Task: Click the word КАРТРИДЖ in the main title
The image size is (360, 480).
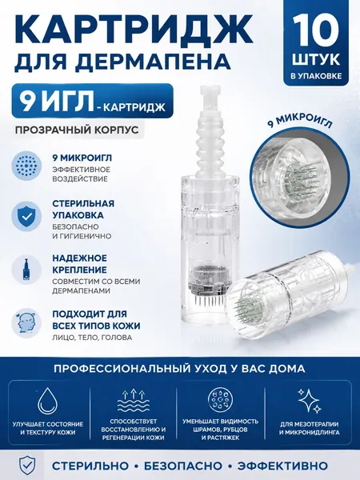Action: pyautogui.click(x=134, y=29)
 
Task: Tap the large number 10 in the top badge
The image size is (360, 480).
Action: pyautogui.click(x=315, y=30)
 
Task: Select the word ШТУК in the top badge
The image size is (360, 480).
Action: pyautogui.click(x=316, y=59)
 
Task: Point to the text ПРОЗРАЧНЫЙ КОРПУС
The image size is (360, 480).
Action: pyautogui.click(x=77, y=130)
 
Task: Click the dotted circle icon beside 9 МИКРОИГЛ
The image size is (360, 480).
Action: pyautogui.click(x=26, y=166)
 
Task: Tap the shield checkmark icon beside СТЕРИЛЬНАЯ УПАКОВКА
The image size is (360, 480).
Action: pyautogui.click(x=26, y=216)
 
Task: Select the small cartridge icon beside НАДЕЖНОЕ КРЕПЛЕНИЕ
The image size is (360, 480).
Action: pyautogui.click(x=26, y=270)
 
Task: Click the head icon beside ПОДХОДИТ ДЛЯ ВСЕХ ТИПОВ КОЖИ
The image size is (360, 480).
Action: pyautogui.click(x=26, y=322)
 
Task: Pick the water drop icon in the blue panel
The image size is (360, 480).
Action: pyautogui.click(x=47, y=401)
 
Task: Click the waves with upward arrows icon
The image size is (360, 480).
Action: pyautogui.click(x=133, y=401)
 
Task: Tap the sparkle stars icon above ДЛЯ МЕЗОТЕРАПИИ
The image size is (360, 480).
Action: pyautogui.click(x=310, y=401)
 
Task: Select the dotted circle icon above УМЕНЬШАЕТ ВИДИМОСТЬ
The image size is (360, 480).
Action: pyautogui.click(x=221, y=399)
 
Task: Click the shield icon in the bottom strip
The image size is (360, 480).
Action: pyautogui.click(x=27, y=466)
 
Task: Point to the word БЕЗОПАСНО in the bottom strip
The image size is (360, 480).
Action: pyautogui.click(x=182, y=466)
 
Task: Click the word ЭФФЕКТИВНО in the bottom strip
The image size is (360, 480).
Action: pyautogui.click(x=282, y=466)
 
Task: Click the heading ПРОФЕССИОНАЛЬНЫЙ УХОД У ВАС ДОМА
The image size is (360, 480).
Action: pyautogui.click(x=179, y=368)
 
